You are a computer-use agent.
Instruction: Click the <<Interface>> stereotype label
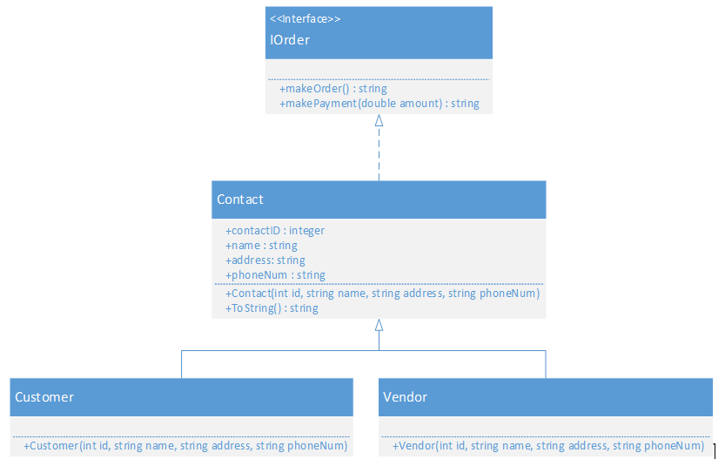305,19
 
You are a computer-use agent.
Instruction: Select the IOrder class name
290,40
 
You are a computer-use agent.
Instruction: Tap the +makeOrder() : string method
333,89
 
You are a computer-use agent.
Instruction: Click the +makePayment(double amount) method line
379,104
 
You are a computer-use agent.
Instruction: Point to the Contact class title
240,199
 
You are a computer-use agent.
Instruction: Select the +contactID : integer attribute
275,231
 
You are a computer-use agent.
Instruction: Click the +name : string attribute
261,246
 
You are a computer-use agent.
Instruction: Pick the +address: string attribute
265,260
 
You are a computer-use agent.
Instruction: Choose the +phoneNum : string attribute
275,275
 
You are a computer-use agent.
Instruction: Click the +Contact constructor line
382,294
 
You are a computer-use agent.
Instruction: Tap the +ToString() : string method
272,308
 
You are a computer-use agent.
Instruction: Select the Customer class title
44,397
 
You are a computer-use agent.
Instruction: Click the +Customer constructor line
185,446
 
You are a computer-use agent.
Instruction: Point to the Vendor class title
405,397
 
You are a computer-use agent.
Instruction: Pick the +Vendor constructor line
548,446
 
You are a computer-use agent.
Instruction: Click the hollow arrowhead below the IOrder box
379,121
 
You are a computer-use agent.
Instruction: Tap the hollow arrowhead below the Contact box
379,326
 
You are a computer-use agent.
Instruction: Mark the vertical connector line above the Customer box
182,364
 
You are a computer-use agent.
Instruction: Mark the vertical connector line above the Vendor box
546,364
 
